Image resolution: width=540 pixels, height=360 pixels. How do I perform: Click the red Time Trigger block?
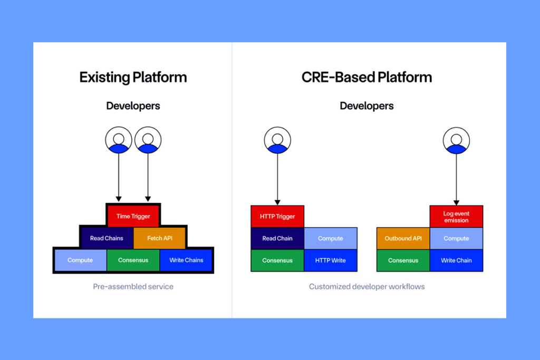coord(133,216)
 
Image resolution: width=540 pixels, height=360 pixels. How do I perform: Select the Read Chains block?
coord(107,238)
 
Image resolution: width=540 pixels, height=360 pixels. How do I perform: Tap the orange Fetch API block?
coord(160,238)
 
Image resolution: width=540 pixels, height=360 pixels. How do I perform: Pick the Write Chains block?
coord(186,260)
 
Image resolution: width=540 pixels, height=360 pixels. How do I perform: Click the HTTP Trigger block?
coord(277,216)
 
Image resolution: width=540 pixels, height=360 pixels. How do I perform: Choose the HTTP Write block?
coord(331,260)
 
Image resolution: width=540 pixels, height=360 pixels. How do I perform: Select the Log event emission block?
coord(456,217)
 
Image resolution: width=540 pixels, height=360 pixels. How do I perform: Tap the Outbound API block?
coord(403,238)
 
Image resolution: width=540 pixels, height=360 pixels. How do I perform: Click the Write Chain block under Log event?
coord(456,260)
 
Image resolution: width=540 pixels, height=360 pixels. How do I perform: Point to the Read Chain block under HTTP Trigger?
coord(277,238)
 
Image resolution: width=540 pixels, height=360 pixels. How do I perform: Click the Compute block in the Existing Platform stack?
coord(80,260)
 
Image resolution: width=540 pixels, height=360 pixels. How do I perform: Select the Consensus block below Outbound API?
coord(403,260)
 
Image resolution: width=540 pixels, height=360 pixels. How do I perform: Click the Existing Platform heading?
coord(133,77)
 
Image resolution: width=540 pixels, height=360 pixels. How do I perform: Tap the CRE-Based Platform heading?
coord(367,77)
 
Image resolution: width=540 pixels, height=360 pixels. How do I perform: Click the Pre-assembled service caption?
coord(133,287)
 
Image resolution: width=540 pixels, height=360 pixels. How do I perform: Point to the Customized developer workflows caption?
coord(367,287)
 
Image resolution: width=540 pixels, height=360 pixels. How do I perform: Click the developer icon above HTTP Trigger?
coord(277,140)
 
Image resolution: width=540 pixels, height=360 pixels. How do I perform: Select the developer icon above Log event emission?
coord(456,140)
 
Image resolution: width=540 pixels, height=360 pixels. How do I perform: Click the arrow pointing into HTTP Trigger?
coord(277,179)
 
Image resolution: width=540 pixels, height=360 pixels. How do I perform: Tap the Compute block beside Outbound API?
coord(456,238)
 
